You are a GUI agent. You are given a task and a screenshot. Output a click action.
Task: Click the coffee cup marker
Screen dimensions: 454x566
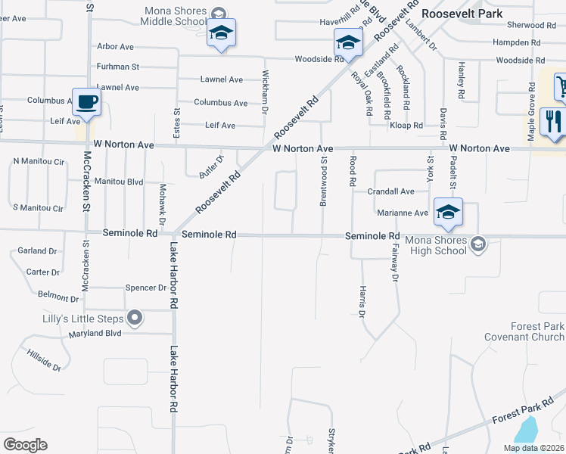tap(86, 101)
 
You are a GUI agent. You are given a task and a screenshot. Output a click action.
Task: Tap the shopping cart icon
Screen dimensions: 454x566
tap(561, 85)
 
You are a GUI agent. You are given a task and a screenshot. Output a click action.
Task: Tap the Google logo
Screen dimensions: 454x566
tap(25, 445)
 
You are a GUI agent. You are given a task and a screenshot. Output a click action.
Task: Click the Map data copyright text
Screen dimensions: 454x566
tap(533, 448)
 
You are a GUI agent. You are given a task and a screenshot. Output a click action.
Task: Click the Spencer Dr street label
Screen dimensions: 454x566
tap(145, 288)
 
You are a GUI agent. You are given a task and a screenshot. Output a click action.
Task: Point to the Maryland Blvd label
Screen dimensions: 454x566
tap(95, 333)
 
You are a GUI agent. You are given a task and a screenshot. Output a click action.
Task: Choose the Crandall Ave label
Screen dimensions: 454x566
tap(390, 192)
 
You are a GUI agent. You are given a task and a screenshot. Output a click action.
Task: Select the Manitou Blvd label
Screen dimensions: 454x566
tap(120, 182)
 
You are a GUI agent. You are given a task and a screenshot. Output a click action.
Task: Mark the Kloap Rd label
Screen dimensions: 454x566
tap(408, 126)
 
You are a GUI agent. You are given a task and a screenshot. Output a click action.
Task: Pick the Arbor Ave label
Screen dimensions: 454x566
tap(115, 46)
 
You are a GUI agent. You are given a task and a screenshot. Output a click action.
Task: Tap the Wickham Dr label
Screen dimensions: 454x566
tap(265, 92)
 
